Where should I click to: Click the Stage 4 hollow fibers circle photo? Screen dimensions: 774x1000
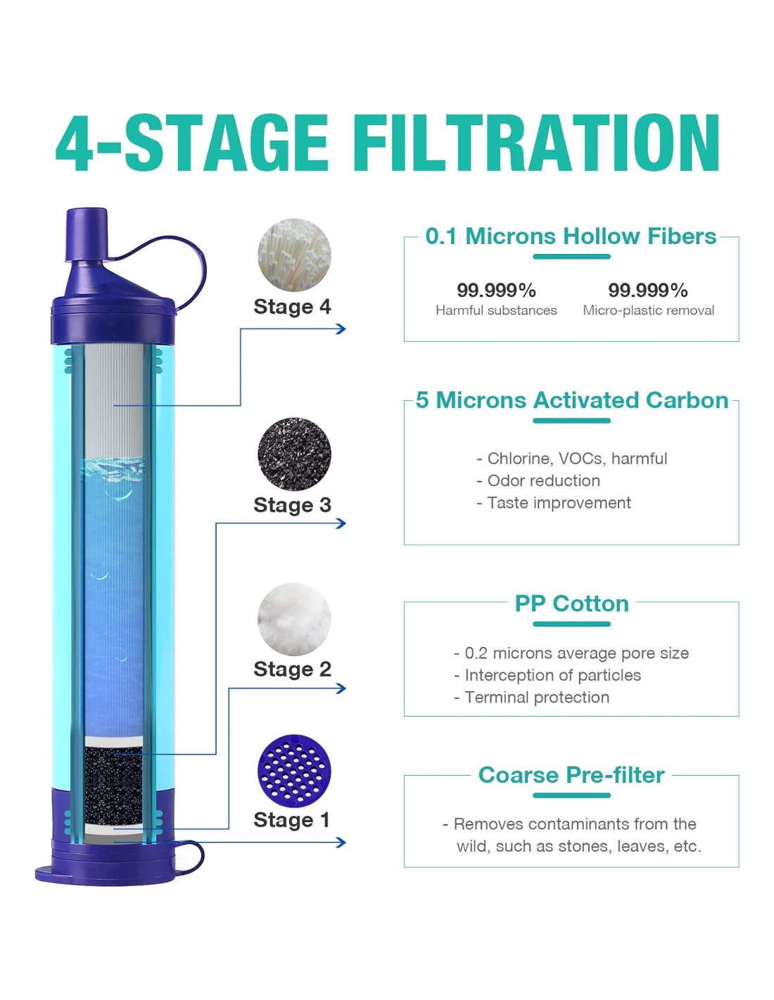(x=293, y=255)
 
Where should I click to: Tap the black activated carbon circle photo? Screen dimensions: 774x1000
(x=293, y=454)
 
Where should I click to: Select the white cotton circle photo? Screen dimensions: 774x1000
(x=293, y=619)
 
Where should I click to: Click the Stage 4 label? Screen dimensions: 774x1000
(x=292, y=307)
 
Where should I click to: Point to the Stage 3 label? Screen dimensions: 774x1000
(x=292, y=505)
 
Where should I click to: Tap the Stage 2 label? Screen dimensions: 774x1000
(x=292, y=669)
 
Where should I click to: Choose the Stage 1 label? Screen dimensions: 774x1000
(x=291, y=819)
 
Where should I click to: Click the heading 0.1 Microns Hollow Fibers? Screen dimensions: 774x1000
(x=571, y=236)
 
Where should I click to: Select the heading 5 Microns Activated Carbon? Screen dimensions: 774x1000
(x=571, y=400)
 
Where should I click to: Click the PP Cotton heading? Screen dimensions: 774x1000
(x=571, y=603)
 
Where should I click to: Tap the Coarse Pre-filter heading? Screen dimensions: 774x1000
(x=571, y=775)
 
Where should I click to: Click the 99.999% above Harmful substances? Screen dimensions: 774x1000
(x=496, y=290)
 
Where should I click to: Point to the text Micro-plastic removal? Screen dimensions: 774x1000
(x=648, y=311)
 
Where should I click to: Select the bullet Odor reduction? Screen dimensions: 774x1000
(x=538, y=480)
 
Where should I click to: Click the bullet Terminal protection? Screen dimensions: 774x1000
(x=531, y=697)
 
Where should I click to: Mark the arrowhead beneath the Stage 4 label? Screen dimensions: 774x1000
(x=341, y=329)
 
